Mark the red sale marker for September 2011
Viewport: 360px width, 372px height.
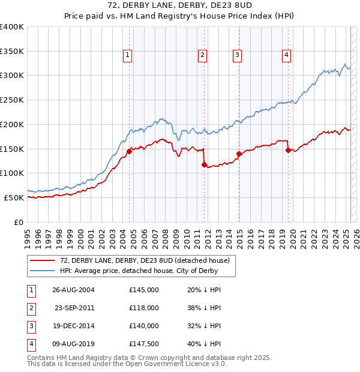point(205,164)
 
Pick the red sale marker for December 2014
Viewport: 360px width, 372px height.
point(239,154)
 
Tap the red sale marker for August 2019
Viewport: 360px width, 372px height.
point(289,150)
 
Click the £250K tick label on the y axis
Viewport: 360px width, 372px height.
point(11,100)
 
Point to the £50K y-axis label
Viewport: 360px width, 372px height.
point(14,197)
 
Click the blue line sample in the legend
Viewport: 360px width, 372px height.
point(42,271)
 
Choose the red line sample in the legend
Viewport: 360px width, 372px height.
point(42,261)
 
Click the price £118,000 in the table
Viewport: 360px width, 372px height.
point(144,308)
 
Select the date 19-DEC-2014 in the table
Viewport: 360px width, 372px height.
point(74,326)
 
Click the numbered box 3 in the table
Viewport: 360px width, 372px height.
point(30,326)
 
